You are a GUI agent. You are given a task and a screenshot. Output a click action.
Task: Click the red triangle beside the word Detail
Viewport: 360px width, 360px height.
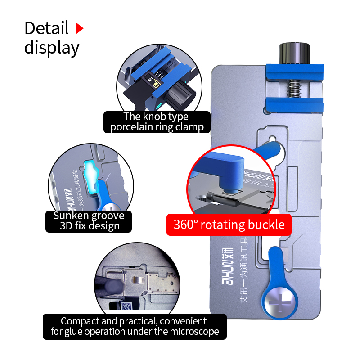point(80,29)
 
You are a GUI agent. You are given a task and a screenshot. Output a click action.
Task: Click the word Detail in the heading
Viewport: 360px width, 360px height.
point(46,28)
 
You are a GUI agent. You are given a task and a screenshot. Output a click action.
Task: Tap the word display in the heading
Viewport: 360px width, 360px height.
point(52,47)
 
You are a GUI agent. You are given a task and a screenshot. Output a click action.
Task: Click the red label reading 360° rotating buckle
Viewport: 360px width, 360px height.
point(229,224)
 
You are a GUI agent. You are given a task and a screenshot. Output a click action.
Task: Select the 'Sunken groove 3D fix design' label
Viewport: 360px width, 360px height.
point(89,220)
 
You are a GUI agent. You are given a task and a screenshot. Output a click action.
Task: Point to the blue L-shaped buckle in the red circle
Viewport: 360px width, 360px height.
point(225,166)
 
